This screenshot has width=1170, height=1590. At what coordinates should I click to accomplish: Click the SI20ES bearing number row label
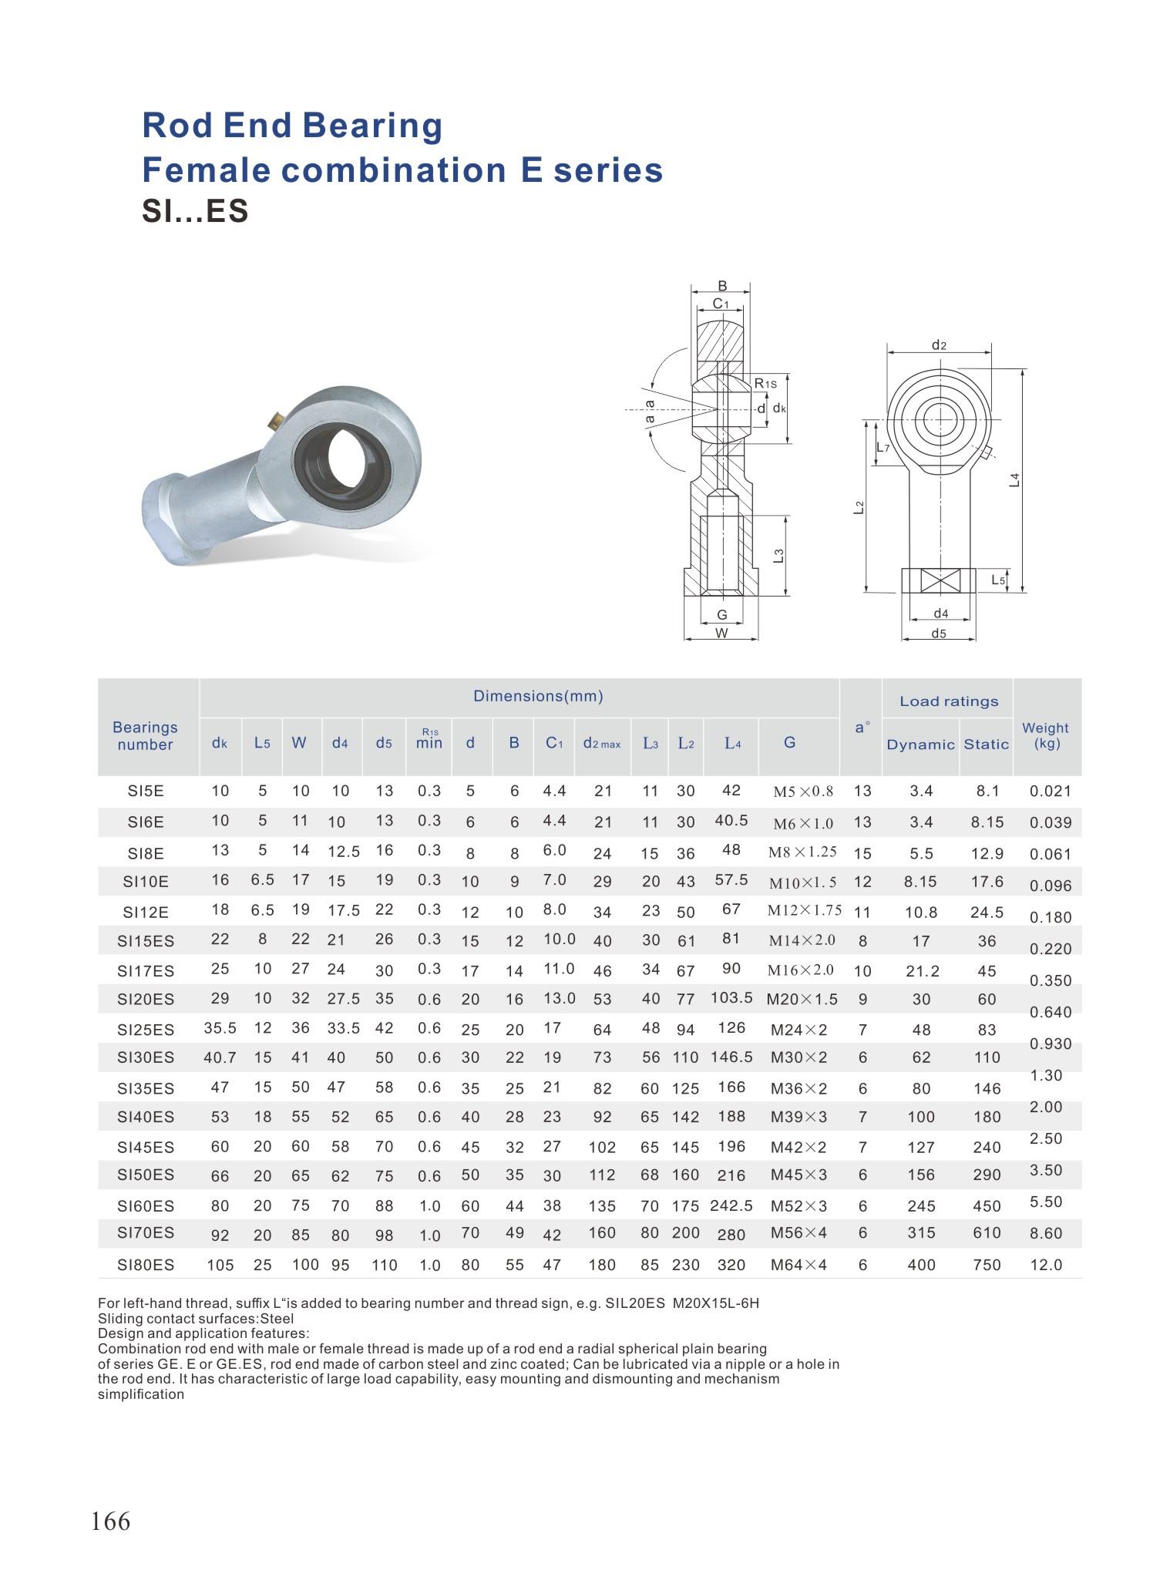coord(146,1000)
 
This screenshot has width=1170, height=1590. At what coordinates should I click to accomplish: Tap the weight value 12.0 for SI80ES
coord(1046,1265)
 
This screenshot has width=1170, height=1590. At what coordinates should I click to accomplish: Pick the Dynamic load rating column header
coord(920,744)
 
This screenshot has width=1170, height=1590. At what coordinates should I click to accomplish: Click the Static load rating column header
coord(986,744)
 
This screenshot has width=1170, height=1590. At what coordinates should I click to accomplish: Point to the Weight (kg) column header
coord(1045,735)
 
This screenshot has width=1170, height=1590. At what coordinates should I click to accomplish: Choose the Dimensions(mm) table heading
coord(538,696)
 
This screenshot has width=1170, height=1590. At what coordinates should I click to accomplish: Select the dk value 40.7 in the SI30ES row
coord(220,1057)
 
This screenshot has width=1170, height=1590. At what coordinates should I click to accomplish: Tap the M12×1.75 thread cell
coord(804,910)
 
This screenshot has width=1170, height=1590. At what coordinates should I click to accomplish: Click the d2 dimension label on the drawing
coord(938,345)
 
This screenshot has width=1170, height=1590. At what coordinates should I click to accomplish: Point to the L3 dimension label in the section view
coord(778,555)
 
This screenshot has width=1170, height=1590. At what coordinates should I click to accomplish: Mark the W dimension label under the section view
coord(721,634)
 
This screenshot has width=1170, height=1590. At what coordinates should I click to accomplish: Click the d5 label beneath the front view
coord(938,634)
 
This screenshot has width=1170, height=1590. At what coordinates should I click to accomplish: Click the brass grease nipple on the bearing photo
coord(274,420)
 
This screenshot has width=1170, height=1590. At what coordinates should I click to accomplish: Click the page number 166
coord(111,1521)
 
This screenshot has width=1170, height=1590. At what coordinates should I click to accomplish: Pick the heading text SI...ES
coord(195,211)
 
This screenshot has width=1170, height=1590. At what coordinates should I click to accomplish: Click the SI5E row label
coord(146,791)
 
